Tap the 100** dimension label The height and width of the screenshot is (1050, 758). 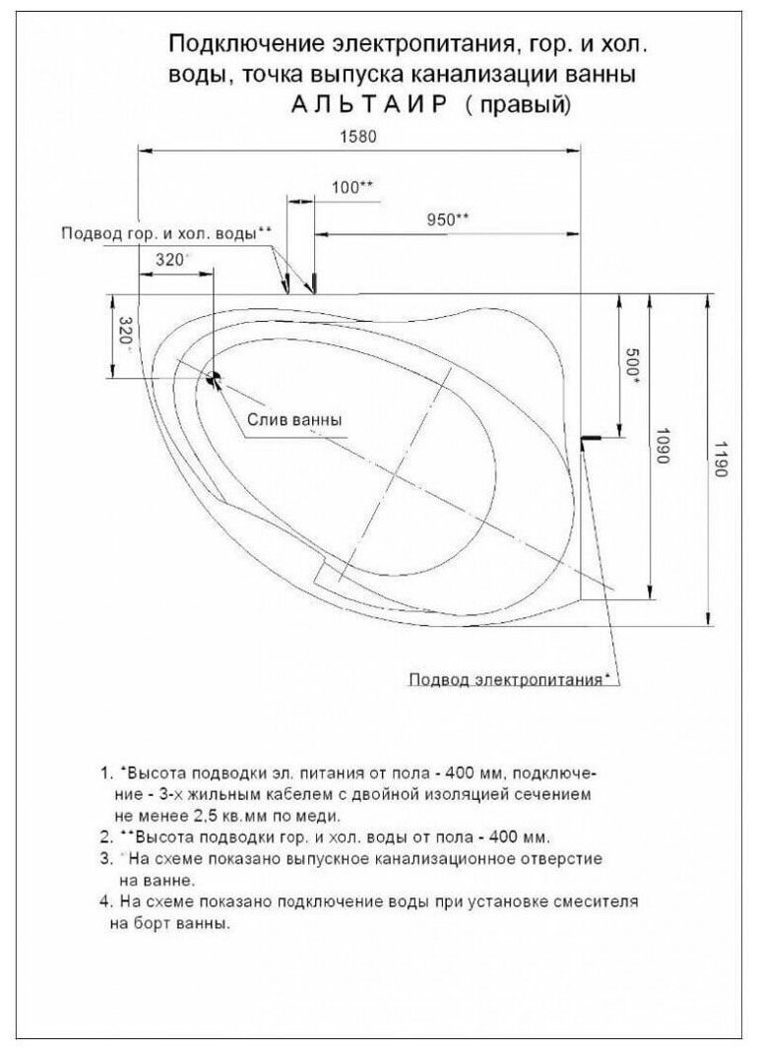(x=351, y=187)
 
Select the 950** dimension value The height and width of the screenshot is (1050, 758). (x=448, y=219)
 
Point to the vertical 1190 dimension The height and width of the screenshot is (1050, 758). (x=719, y=459)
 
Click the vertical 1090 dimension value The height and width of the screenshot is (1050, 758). (x=663, y=449)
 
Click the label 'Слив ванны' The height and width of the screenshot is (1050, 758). (x=294, y=419)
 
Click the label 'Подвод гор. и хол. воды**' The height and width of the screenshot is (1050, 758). (x=166, y=234)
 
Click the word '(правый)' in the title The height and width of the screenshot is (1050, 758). (x=518, y=105)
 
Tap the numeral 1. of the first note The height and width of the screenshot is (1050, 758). (x=106, y=772)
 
